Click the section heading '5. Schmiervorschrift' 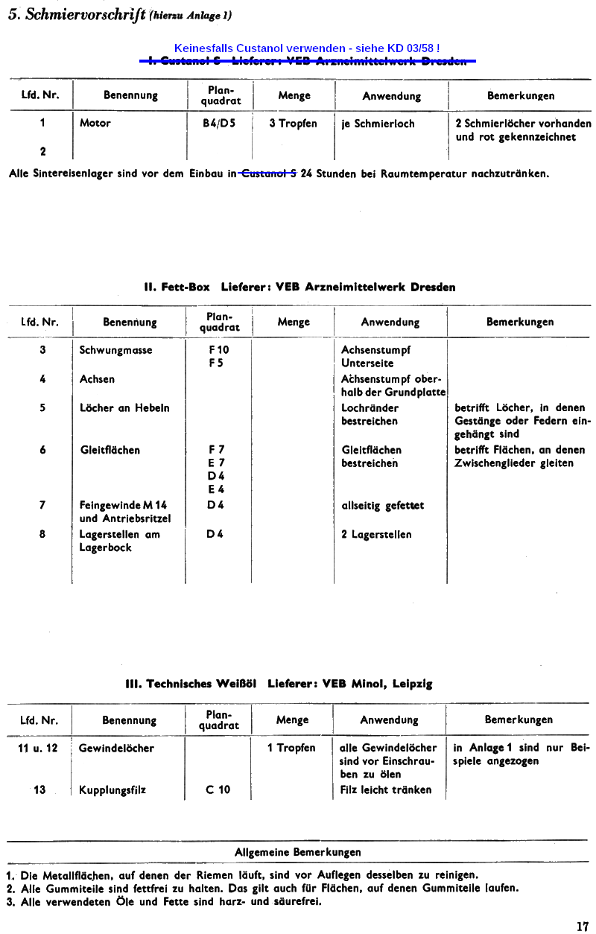click(x=75, y=16)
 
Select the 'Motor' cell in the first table click(x=95, y=124)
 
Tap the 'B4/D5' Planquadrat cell click(x=219, y=124)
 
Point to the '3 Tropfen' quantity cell click(x=293, y=124)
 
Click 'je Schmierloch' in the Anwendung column click(x=378, y=124)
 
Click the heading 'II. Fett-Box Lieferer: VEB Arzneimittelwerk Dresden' click(x=299, y=287)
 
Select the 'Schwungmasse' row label click(x=115, y=350)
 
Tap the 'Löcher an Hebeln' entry click(x=124, y=407)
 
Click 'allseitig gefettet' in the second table click(x=382, y=506)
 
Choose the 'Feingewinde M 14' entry click(x=123, y=506)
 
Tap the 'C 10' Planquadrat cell click(x=218, y=790)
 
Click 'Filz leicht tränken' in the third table click(x=385, y=790)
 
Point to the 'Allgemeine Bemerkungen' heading click(x=297, y=852)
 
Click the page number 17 click(x=582, y=927)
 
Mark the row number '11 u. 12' click(x=38, y=748)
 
